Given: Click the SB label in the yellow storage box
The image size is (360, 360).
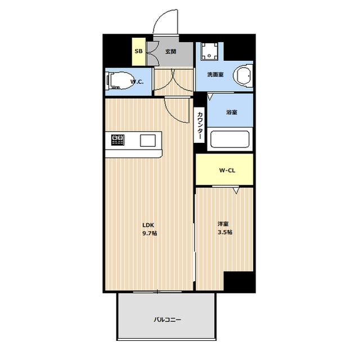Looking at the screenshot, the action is [138, 51].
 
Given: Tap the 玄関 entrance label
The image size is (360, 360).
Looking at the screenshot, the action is [171, 51].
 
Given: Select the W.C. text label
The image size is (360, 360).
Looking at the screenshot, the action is [137, 82].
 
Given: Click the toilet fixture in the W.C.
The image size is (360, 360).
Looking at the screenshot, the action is [120, 81].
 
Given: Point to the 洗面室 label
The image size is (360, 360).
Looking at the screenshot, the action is [215, 74].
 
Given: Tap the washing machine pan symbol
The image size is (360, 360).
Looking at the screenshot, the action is [209, 51].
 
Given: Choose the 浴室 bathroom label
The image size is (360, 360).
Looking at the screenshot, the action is [232, 112].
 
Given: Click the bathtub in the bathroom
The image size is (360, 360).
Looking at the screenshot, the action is [230, 139].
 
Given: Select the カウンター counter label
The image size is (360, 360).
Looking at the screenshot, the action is [200, 125].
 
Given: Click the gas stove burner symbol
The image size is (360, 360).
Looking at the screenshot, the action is [118, 140].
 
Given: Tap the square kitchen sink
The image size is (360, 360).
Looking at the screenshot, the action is [148, 141].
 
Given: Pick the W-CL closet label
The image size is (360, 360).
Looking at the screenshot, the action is [227, 170].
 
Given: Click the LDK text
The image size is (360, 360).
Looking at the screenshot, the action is [148, 225].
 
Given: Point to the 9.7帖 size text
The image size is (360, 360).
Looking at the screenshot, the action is [150, 233].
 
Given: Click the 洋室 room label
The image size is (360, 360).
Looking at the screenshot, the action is [223, 224].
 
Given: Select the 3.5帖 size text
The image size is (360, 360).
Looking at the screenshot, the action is [225, 232].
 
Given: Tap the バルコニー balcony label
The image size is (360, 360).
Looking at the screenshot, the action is [168, 319].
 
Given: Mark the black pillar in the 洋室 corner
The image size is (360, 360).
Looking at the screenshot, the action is [240, 281].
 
